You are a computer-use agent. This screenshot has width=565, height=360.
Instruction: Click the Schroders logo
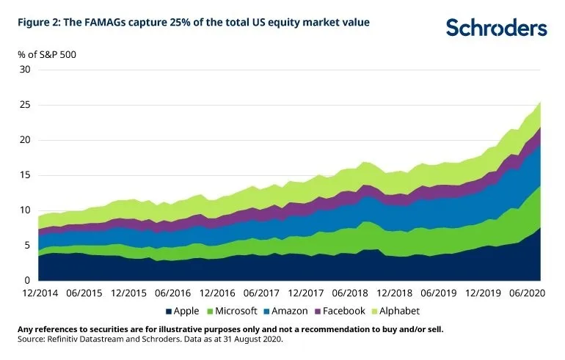click(496, 28)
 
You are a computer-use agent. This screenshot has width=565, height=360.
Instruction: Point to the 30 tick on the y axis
click(25, 70)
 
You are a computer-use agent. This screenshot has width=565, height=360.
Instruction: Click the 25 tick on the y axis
click(25, 105)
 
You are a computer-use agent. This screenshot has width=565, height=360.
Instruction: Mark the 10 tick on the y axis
click(25, 210)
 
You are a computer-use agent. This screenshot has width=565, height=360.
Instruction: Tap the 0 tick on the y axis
click(28, 281)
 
